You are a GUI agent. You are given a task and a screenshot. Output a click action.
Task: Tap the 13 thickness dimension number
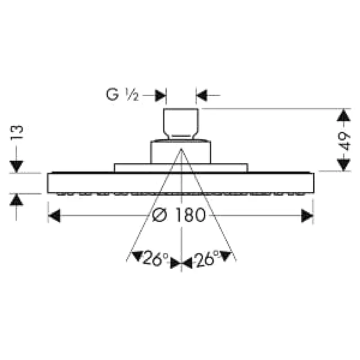17,132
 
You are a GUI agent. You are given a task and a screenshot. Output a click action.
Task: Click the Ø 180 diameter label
179,215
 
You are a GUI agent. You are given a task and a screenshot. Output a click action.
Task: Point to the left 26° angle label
155,258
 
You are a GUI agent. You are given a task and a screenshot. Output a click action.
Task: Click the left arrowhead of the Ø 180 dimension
54,216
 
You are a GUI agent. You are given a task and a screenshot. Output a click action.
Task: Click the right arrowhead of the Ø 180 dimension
307,216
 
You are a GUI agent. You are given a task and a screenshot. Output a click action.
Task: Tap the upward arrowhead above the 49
343,116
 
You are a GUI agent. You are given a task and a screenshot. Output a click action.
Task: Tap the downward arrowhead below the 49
343,165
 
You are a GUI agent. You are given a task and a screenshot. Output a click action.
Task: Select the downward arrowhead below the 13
16,166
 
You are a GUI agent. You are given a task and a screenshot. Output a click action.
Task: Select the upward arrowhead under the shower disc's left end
16,200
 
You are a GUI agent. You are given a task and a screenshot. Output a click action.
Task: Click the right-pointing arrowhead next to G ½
160,95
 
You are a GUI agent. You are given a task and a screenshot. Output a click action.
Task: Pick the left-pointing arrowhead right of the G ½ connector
202,95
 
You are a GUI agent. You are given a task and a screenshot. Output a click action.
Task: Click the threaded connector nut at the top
181,124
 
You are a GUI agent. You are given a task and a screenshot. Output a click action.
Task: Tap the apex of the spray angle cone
181,149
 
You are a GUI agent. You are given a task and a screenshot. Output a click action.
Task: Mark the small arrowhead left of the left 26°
138,256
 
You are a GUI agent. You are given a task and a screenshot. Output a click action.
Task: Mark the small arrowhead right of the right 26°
225,256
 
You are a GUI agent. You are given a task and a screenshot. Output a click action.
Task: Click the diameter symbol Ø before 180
159,215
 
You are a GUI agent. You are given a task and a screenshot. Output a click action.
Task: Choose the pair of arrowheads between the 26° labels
181,263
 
